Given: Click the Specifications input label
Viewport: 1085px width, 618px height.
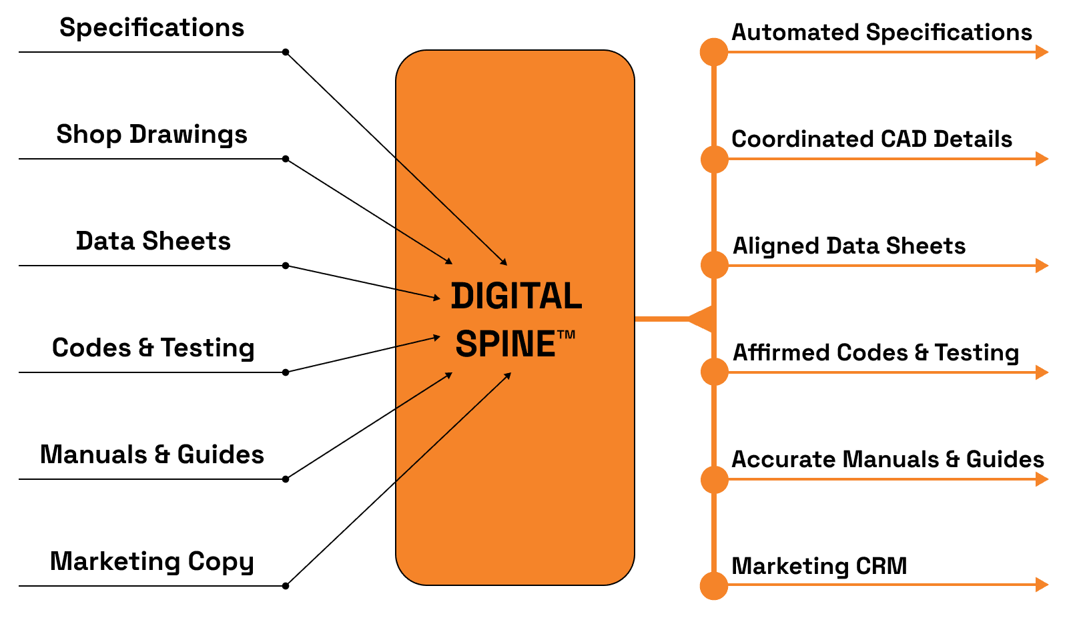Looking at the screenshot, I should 151,28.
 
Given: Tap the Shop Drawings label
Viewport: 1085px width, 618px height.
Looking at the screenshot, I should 151,135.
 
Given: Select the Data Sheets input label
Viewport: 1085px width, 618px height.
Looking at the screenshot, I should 153,241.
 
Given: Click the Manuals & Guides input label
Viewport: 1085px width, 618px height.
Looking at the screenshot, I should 152,454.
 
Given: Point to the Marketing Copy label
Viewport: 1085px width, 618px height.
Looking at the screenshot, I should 151,562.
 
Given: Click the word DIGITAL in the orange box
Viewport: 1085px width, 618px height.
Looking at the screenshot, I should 516,296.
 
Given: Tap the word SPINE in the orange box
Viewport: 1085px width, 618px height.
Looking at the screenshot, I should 505,344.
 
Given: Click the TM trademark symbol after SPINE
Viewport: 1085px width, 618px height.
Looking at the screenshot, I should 566,334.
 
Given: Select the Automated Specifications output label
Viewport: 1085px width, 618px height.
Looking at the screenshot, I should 881,32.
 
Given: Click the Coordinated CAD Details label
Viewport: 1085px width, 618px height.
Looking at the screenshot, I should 871,139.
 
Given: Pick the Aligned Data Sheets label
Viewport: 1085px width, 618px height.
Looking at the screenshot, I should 849,246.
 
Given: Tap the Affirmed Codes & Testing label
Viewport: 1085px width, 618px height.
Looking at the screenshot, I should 875,352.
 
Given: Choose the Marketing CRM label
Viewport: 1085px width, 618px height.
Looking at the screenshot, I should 819,566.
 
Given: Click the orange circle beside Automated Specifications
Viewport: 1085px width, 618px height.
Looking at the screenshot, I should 714,52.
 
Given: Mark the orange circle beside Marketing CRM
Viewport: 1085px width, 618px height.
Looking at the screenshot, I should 714,586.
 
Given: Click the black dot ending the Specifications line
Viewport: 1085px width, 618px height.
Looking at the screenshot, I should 286,52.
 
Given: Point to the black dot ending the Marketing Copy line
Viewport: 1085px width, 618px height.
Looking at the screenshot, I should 286,586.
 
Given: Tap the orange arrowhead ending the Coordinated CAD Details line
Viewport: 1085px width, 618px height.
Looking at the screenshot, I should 1042,159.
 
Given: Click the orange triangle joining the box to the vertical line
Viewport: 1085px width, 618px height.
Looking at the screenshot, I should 701,319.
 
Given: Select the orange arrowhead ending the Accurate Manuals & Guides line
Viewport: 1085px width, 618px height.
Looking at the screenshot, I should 1042,479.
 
